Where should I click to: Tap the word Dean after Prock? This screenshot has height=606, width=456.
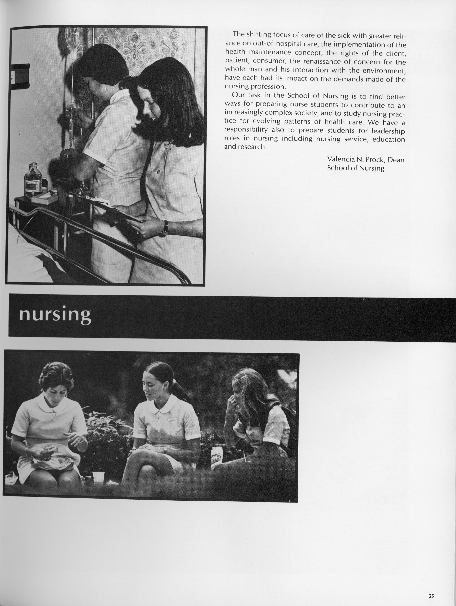coord(396,159)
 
